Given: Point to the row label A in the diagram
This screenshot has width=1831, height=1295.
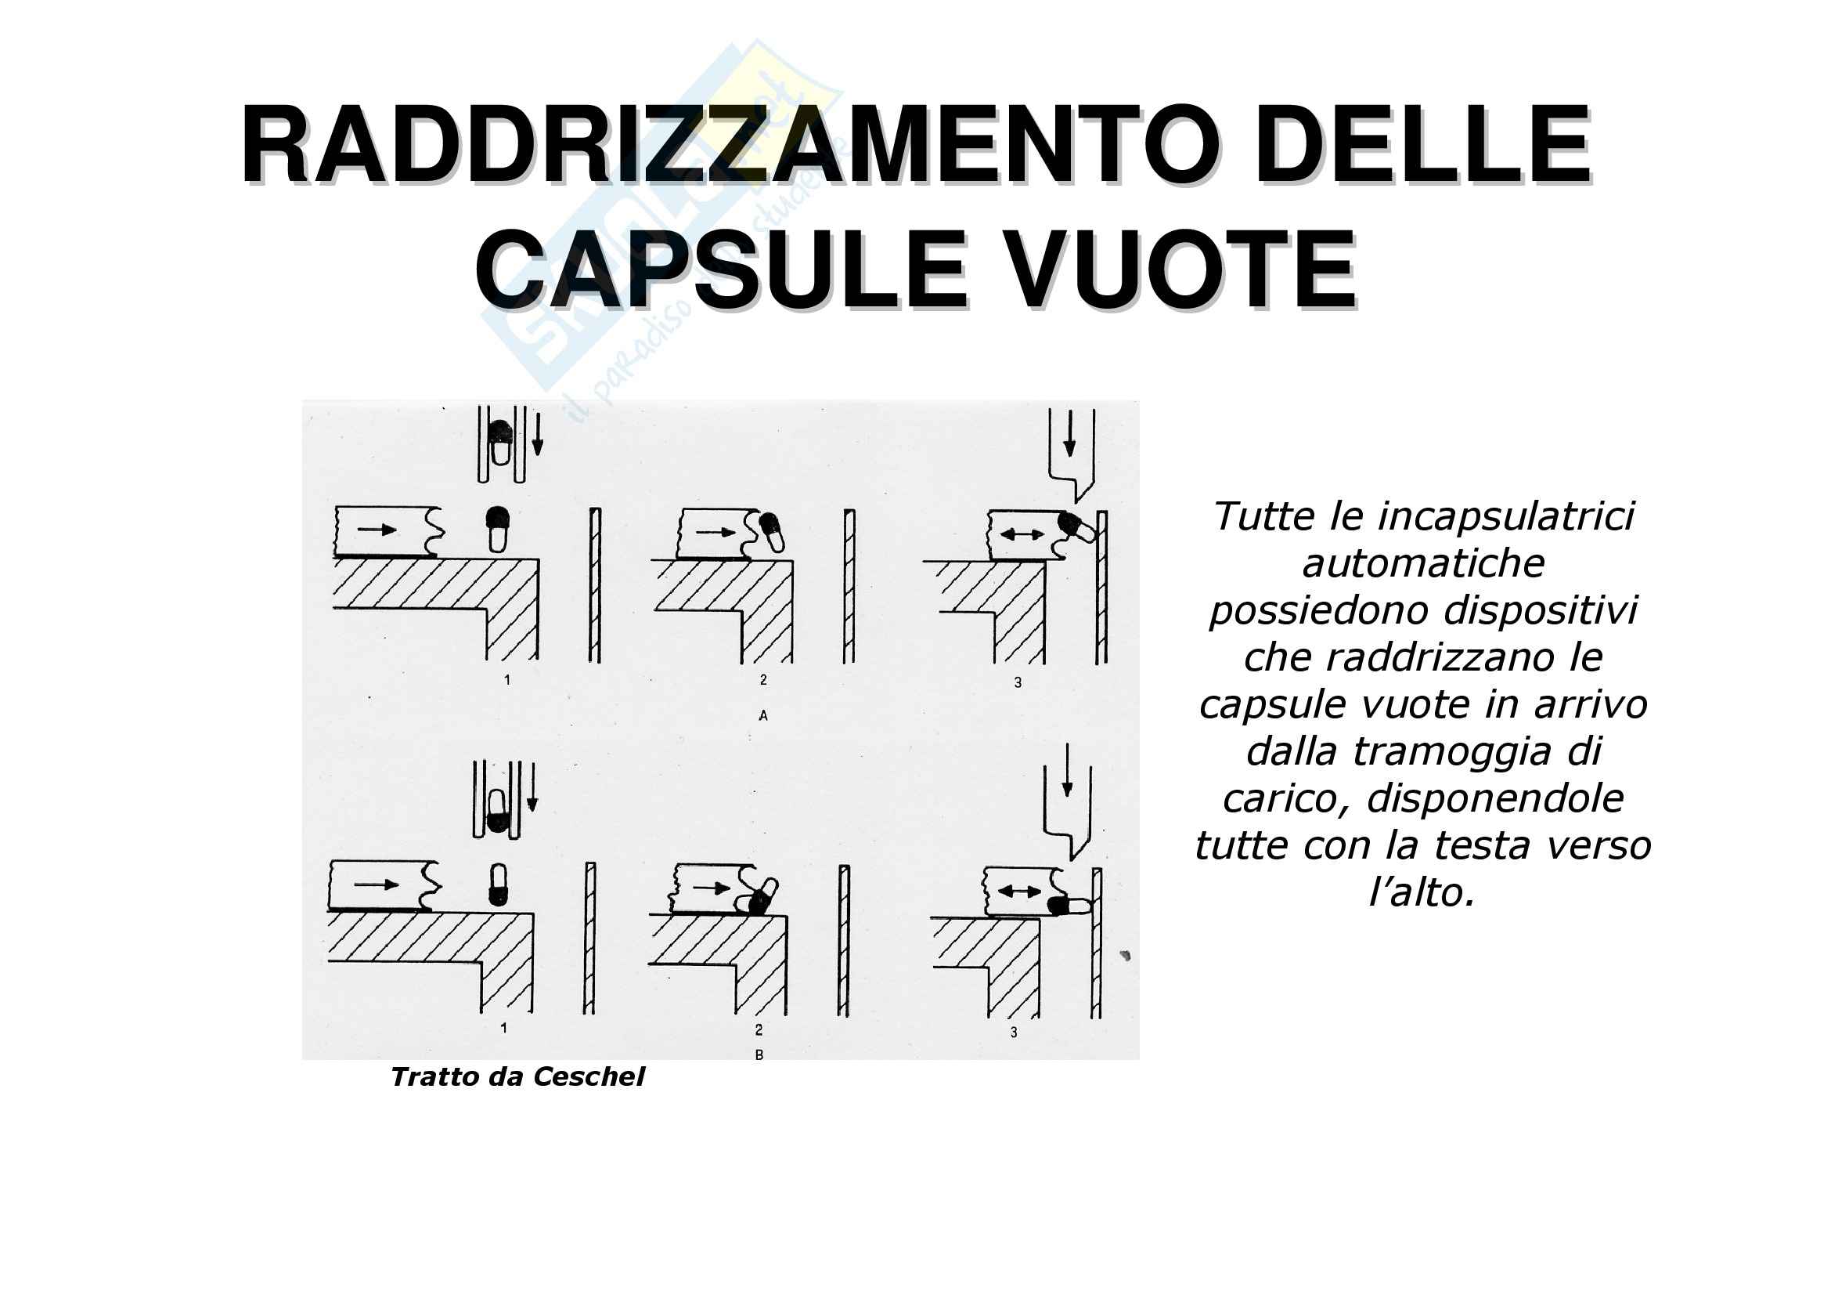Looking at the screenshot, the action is click(x=763, y=717).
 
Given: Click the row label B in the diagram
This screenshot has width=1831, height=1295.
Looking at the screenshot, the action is click(x=759, y=1054).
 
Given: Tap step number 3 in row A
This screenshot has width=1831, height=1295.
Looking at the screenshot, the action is click(x=1018, y=683).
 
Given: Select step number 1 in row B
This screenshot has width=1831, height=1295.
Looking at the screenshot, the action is click(x=503, y=1028).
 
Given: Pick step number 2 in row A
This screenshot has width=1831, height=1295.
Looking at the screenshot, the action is click(x=763, y=680).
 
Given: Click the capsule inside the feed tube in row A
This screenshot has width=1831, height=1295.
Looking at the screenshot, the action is click(x=500, y=443).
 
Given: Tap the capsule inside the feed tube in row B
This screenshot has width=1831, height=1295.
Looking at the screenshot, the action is click(x=497, y=811).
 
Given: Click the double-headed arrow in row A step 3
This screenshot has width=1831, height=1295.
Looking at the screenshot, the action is click(x=1022, y=534).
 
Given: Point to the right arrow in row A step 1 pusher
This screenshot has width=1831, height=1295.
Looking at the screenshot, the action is click(x=377, y=528).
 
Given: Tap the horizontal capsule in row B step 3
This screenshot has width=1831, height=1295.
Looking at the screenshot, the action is click(x=1069, y=906).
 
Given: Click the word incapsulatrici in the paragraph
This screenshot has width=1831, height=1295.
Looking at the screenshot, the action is click(x=1505, y=517).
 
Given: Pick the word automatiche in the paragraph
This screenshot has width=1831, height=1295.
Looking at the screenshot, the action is click(x=1423, y=563).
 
